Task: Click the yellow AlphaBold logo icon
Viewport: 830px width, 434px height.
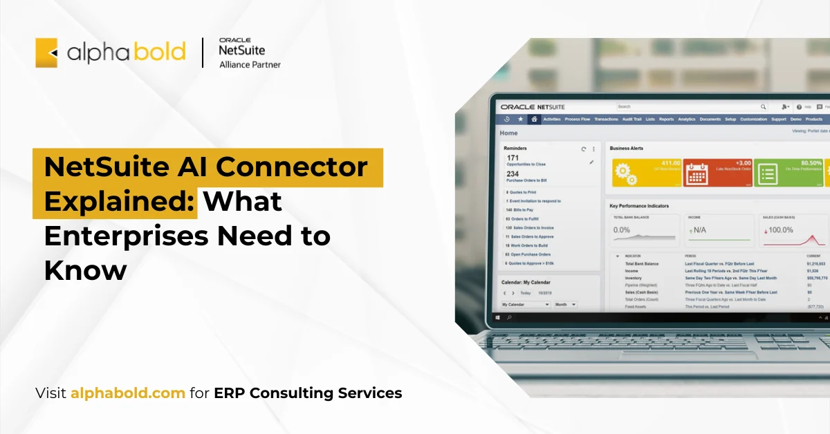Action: tap(46, 53)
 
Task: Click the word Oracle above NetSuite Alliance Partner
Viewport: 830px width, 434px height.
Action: tap(234, 40)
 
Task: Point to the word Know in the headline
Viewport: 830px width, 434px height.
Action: tap(85, 270)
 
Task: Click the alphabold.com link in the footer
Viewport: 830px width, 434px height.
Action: tap(128, 393)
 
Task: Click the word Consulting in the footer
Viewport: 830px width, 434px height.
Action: tap(292, 393)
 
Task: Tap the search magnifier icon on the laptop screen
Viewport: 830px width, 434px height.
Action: tap(763, 107)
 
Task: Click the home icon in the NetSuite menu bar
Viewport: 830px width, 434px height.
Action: tap(533, 119)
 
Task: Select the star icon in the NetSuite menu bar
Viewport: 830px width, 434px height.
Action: tap(520, 119)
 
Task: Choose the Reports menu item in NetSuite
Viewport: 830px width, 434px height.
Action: tap(666, 119)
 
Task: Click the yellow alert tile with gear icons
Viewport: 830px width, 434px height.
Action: tap(647, 172)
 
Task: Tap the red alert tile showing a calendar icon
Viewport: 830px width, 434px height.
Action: tap(717, 172)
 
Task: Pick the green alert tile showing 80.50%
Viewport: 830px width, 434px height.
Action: tap(788, 172)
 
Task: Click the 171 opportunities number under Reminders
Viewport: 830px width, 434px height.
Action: tap(513, 158)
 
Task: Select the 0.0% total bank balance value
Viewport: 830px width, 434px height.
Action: tap(622, 229)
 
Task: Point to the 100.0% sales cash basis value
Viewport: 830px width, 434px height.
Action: tap(780, 229)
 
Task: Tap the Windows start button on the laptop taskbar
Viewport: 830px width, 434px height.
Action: tap(497, 317)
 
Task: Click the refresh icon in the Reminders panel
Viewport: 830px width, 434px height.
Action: tap(583, 149)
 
